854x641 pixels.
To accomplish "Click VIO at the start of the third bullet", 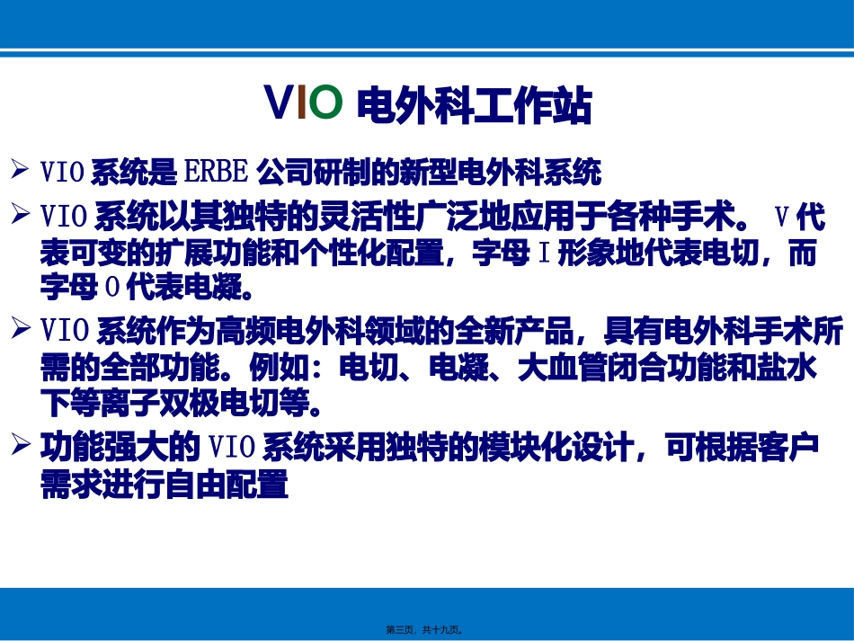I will [x=64, y=332].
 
